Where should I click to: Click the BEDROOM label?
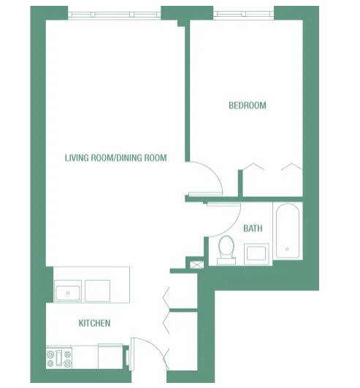pos(248,106)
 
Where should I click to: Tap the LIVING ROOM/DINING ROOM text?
pos(115,158)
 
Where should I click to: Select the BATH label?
pos(253,228)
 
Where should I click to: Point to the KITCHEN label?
pos(95,323)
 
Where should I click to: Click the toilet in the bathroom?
pos(226,249)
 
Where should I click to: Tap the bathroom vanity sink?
pos(256,253)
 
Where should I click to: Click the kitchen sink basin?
pos(69,292)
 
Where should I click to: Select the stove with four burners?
pos(59,358)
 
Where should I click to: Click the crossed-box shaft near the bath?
pos(196,263)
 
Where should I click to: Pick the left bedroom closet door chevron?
pos(253,167)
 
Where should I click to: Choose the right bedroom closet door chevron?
pos(291,167)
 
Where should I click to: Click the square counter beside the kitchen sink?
pos(97,290)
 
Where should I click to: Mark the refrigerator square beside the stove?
pos(110,357)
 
